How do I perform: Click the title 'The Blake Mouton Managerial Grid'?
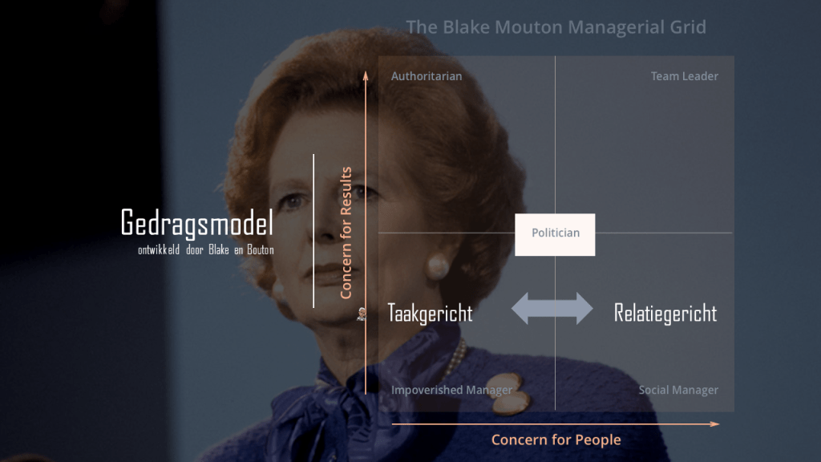(556, 26)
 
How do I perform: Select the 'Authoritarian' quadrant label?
(427, 76)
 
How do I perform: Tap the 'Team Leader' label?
(685, 76)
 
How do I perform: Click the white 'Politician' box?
(555, 235)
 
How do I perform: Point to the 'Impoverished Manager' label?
(452, 390)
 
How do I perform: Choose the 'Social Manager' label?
(678, 390)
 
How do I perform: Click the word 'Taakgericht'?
(430, 314)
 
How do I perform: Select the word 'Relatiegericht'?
(665, 314)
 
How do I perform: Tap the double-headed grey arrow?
(552, 309)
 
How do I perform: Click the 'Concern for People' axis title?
(556, 440)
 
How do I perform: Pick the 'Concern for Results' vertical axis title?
(346, 233)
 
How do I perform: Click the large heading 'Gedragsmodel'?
(197, 222)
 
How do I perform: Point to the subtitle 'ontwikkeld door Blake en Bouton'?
(206, 250)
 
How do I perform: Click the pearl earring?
(438, 266)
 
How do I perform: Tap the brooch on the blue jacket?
(507, 393)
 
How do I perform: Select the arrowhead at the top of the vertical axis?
(366, 76)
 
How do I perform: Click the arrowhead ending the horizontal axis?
(715, 424)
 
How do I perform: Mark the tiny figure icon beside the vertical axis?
(362, 314)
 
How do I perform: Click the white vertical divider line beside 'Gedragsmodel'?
(313, 231)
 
